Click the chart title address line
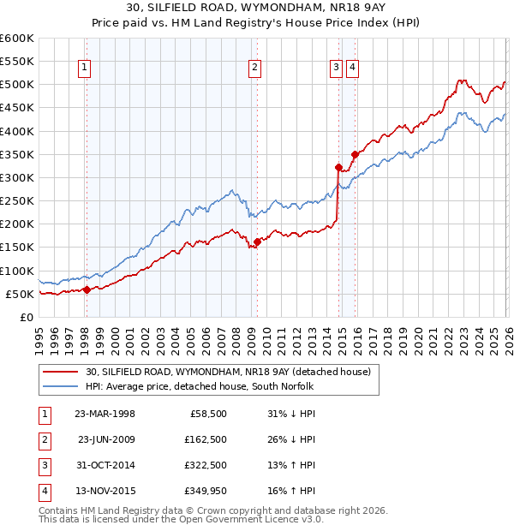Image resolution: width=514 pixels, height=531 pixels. coord(256,9)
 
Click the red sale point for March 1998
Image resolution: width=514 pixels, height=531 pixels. coord(87,289)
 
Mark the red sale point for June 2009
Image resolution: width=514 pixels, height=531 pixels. coord(257,242)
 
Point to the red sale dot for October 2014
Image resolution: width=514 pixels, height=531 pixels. coord(338,167)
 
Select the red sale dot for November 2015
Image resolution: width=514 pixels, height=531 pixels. coord(354,154)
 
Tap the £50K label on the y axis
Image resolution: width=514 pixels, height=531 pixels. coord(20,294)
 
